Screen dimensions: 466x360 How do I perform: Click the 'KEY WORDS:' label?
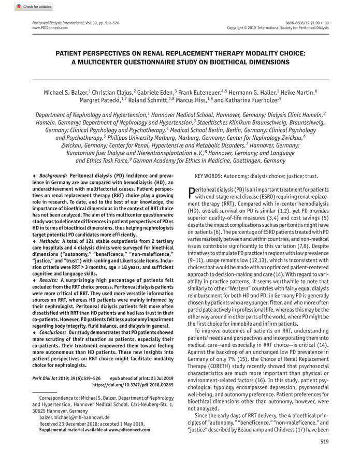tap(210, 176)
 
